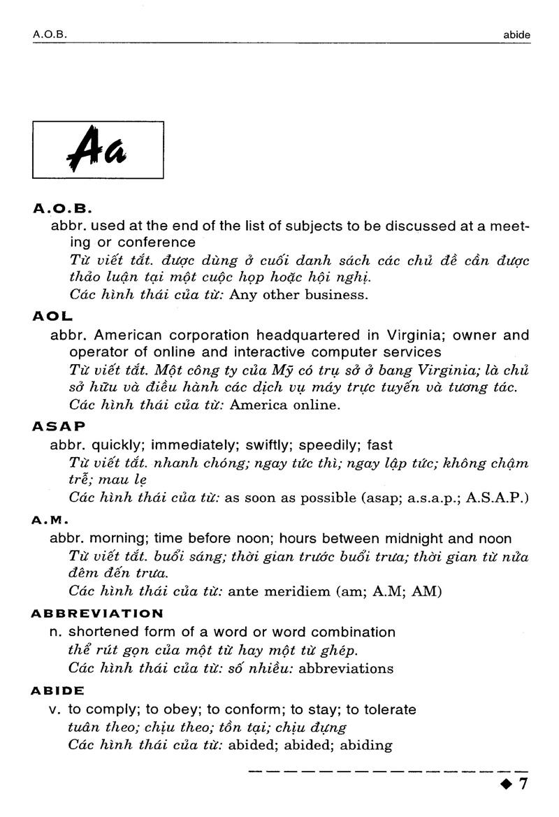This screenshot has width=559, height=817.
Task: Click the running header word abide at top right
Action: click(x=516, y=33)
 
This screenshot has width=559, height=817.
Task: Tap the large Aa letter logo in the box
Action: click(x=97, y=150)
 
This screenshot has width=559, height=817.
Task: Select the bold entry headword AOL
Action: click(x=49, y=316)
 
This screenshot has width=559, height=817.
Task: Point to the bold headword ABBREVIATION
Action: click(x=97, y=614)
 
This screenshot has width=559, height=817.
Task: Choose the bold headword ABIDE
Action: click(x=58, y=691)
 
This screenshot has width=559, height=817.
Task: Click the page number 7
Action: click(x=523, y=784)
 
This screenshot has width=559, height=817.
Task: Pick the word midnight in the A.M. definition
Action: click(x=412, y=539)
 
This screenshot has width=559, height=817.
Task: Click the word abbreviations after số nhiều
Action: click(x=346, y=668)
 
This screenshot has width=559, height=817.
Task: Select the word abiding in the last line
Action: click(x=366, y=745)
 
